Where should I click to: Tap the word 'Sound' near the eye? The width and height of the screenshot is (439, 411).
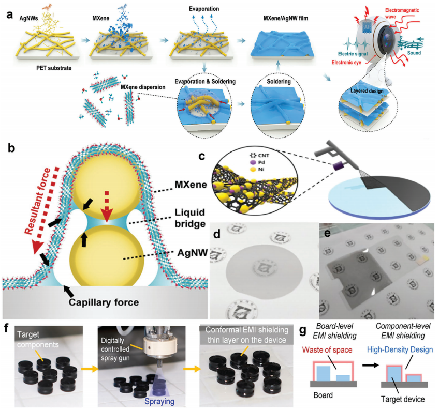tap(414, 52)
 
